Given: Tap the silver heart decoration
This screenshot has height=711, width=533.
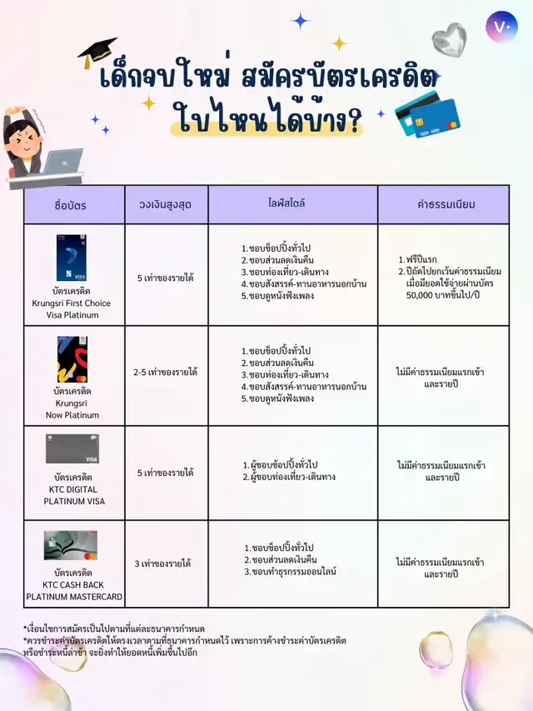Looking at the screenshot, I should (449, 38).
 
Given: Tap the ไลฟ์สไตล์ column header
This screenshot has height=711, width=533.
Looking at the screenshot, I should (291, 203).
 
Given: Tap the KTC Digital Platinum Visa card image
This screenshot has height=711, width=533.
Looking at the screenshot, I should (72, 449).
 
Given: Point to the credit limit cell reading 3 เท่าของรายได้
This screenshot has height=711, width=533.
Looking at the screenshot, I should (163, 563).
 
